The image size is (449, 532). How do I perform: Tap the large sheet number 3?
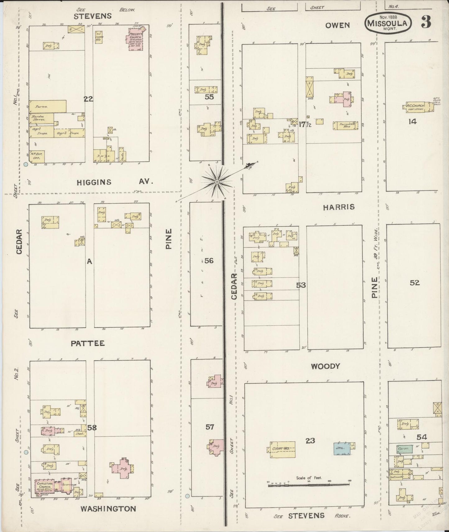tap(426, 22)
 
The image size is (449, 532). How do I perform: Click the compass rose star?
tap(217, 181)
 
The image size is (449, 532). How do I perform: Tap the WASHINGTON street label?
tap(108, 509)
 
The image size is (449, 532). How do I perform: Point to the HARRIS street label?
tap(338, 207)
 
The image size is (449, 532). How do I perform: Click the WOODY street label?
tap(325, 366)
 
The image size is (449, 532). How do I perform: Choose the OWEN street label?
tap(337, 25)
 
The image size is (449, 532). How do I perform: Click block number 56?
tap(209, 260)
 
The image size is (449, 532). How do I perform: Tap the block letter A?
tap(89, 262)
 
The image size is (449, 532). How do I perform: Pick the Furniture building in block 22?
tap(48, 106)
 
